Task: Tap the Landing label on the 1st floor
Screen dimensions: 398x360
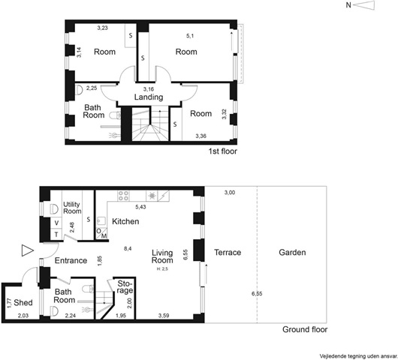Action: [x=149, y=97]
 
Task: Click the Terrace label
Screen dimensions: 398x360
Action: [x=228, y=252]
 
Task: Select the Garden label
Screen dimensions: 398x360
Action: [x=292, y=252]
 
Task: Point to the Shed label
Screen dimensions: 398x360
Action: [x=23, y=302]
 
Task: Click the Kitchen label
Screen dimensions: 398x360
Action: [x=125, y=221]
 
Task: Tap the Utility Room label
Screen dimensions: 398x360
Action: [x=72, y=208]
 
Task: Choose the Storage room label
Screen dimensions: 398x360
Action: [x=125, y=286]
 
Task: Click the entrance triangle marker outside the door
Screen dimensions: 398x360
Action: [x=28, y=250]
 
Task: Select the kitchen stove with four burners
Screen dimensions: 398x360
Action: [x=123, y=196]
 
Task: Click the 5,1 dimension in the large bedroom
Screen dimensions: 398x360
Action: [x=190, y=36]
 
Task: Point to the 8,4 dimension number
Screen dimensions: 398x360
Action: [x=128, y=249]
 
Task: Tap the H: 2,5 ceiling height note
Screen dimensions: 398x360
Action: [x=162, y=269]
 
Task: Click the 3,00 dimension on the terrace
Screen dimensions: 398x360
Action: [x=230, y=193]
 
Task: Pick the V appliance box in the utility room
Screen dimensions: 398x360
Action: [x=56, y=223]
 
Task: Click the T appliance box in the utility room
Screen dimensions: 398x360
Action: [x=56, y=234]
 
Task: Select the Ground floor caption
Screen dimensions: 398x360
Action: [x=305, y=329]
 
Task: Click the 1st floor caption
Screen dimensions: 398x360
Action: [x=223, y=151]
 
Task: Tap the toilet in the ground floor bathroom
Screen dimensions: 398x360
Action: [x=88, y=288]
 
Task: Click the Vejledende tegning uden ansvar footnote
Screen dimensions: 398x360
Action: [x=358, y=356]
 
